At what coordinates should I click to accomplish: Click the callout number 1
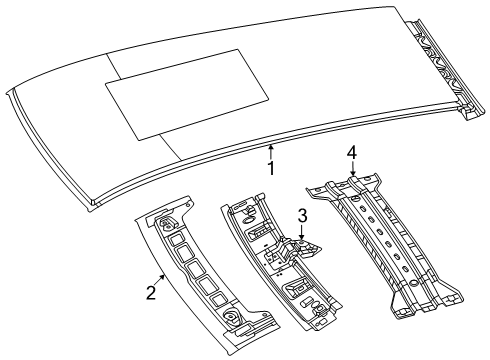coord(271,168)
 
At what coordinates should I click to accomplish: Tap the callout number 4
coord(351,153)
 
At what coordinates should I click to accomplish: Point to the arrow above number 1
coord(271,151)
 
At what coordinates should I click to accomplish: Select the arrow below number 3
coord(300,231)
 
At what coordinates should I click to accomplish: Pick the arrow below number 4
coord(351,171)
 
